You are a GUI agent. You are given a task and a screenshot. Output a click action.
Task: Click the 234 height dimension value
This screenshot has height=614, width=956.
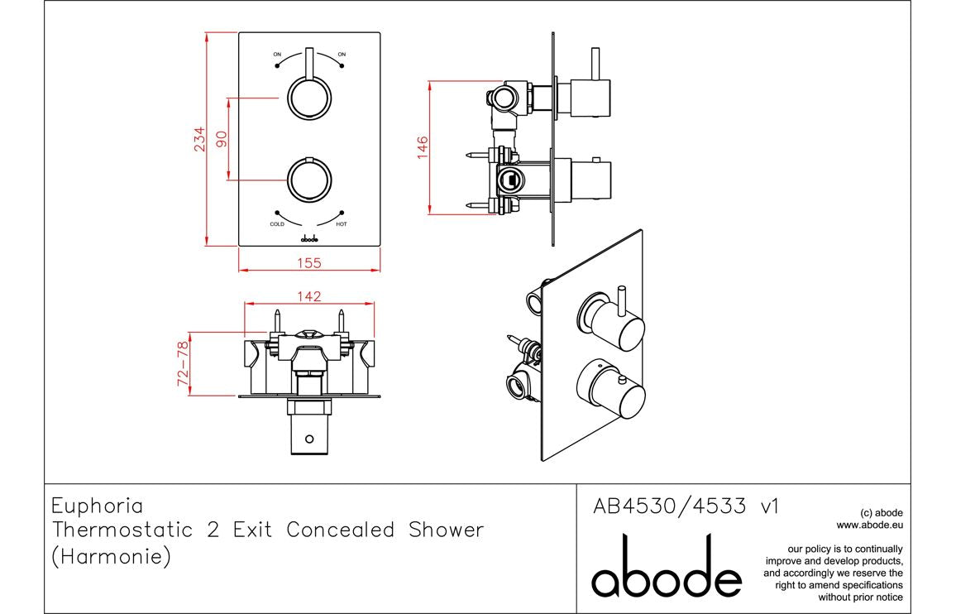click(x=198, y=139)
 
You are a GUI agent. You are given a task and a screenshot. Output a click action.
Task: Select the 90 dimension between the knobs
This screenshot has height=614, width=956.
click(x=221, y=139)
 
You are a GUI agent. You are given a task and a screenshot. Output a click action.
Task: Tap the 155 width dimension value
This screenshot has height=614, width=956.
click(x=308, y=263)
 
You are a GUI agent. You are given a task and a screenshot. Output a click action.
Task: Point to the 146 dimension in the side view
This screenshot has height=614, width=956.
click(x=422, y=147)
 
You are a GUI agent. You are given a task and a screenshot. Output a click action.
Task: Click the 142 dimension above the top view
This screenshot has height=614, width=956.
click(x=308, y=296)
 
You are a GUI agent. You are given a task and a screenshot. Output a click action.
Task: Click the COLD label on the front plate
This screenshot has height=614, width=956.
click(x=277, y=224)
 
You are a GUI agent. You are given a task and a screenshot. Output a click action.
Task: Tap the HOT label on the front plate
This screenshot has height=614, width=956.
click(x=342, y=224)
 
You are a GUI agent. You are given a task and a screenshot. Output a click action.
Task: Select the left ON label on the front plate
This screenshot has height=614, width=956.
click(x=277, y=55)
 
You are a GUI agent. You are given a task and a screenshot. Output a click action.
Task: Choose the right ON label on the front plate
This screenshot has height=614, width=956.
click(x=342, y=55)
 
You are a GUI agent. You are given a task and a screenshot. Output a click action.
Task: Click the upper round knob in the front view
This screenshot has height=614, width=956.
click(x=309, y=98)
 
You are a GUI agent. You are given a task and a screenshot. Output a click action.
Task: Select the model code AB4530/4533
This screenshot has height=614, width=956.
click(x=670, y=506)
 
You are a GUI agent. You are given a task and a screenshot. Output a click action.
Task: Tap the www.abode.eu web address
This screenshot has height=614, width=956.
click(x=869, y=525)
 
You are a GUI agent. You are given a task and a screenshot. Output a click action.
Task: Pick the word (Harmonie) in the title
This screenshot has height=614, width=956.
click(x=110, y=557)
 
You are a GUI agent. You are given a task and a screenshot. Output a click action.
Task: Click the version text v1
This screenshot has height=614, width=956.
click(x=768, y=506)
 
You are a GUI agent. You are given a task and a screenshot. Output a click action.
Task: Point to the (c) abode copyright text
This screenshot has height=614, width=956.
click(x=882, y=512)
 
